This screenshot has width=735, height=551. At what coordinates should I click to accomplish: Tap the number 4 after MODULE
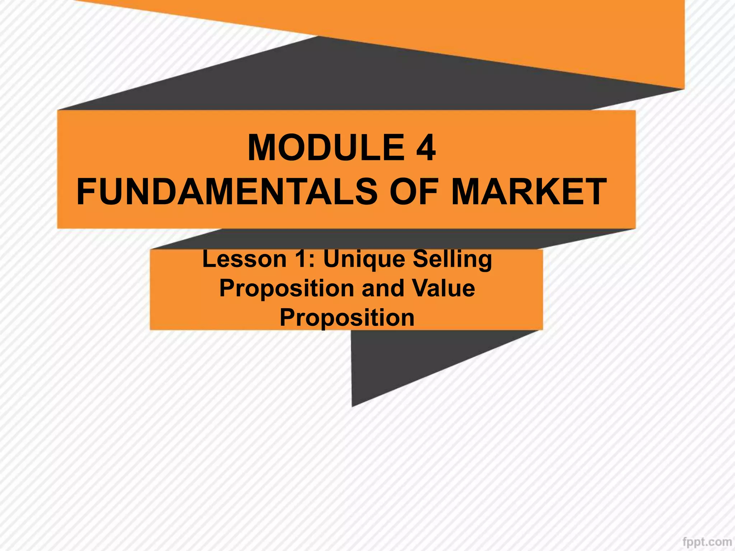pos(426,148)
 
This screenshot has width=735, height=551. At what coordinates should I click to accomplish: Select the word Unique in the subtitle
pos(364,260)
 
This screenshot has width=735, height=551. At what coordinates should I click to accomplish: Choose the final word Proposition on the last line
pos(347,318)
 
